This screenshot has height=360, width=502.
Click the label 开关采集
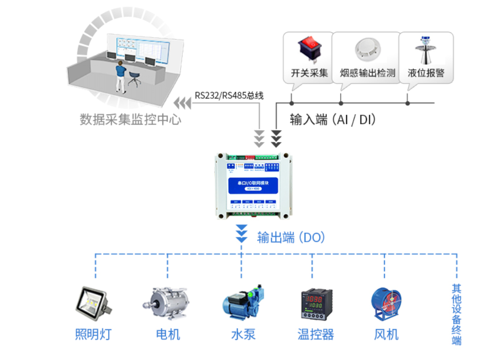[310, 73]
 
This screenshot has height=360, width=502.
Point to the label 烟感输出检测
[367, 73]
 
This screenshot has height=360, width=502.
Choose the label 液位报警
[426, 73]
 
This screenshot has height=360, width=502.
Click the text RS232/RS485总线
[229, 95]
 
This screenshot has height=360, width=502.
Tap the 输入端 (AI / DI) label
[333, 120]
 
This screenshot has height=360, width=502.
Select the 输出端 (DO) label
[291, 237]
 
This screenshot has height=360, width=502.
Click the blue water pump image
[243, 301]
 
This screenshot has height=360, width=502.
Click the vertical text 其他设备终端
[456, 314]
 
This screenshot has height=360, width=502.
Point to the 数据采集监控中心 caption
[131, 120]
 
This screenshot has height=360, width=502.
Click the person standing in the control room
[120, 77]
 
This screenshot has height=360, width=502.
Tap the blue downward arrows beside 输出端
[241, 233]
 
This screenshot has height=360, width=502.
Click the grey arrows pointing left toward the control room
[182, 103]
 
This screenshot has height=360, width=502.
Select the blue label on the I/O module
[253, 186]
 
